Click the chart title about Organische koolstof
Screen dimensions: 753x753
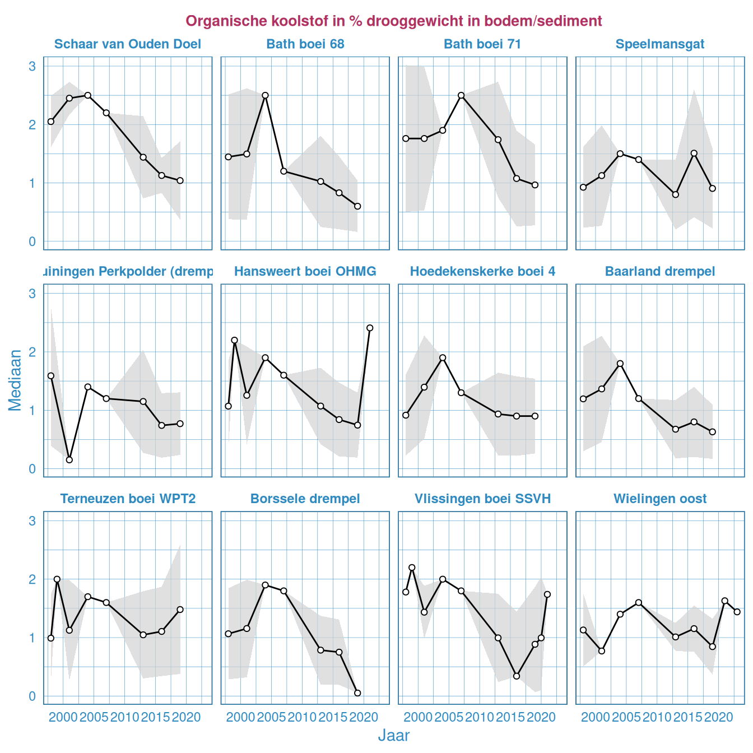(393, 21)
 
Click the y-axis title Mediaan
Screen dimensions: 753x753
(15, 380)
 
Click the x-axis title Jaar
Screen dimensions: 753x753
(393, 736)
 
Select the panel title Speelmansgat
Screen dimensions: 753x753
(660, 44)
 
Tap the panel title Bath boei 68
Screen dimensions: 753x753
(305, 44)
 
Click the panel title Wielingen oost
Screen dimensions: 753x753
(660, 499)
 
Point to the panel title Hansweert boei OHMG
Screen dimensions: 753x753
(305, 272)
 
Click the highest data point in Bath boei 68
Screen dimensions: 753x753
(265, 95)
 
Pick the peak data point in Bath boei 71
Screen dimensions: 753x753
(461, 95)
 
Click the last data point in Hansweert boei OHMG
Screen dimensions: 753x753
(370, 328)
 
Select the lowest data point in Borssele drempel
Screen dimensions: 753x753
(357, 693)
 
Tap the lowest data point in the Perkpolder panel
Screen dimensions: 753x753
(69, 460)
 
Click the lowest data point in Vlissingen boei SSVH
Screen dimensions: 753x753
(517, 676)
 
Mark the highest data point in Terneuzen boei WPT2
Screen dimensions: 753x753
(57, 579)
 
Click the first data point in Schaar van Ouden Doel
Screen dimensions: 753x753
(51, 122)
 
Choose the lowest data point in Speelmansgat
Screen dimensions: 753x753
(675, 194)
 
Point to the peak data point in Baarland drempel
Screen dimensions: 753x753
(620, 364)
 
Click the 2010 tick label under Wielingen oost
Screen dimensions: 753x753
(657, 717)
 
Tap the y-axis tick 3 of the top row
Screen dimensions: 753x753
(32, 66)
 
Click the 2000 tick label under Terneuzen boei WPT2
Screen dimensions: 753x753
(63, 717)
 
